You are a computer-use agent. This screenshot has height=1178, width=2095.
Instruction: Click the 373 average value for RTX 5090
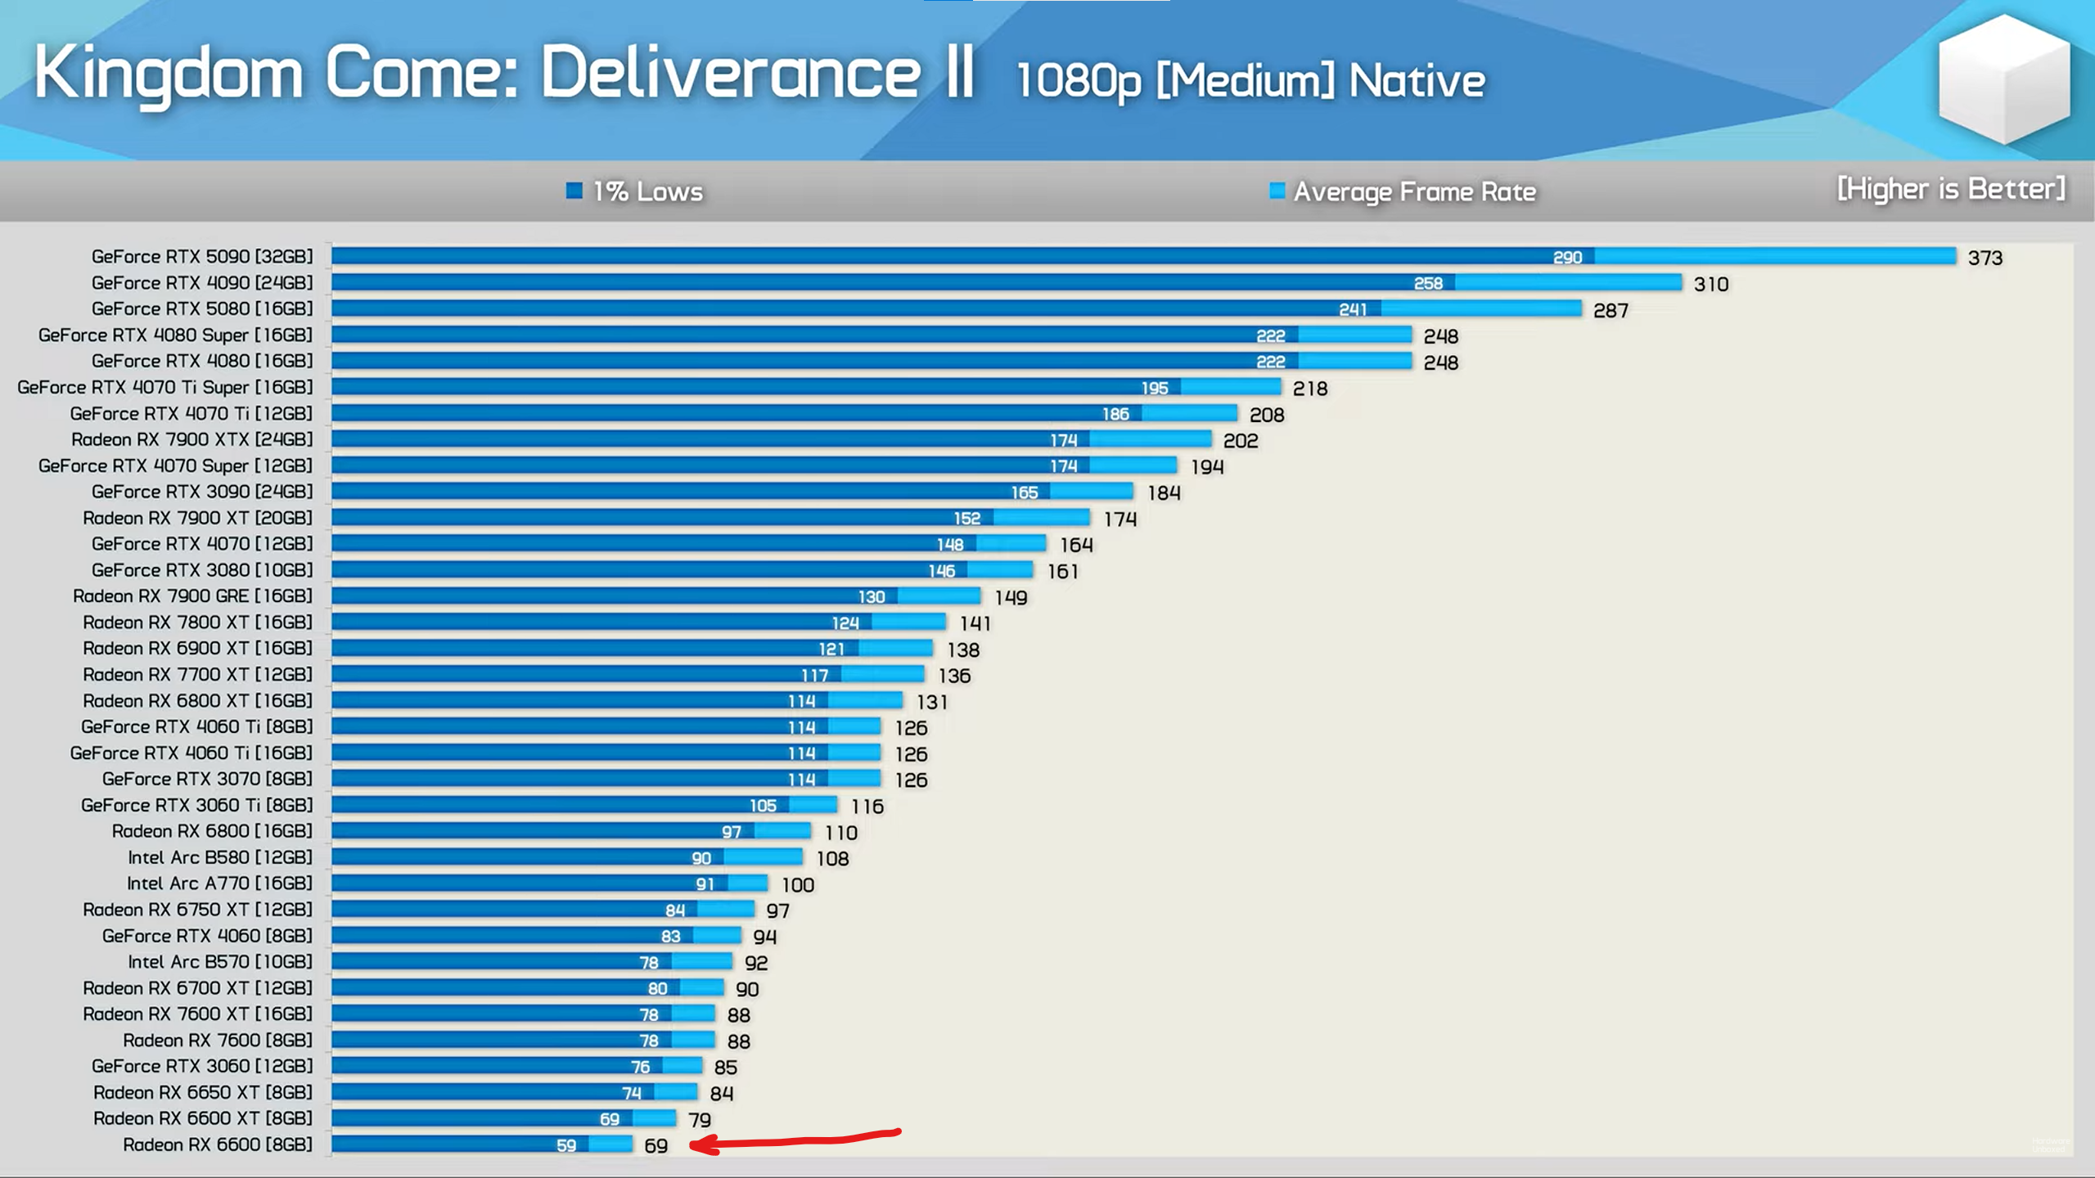pos(1985,259)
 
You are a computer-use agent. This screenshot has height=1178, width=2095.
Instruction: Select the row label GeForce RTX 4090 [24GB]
pos(202,283)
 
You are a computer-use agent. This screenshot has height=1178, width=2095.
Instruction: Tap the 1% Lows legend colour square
pos(574,191)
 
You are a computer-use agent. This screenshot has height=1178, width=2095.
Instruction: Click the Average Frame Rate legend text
pos(1414,192)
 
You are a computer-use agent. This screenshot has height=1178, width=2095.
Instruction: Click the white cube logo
pos(2004,79)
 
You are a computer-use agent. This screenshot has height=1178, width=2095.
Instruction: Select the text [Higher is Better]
pos(1951,189)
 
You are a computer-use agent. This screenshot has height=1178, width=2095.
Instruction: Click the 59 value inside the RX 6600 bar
pos(566,1145)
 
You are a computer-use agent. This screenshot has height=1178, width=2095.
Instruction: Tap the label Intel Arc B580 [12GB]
pos(220,857)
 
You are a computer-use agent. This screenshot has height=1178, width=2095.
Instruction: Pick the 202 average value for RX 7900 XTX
pos(1241,441)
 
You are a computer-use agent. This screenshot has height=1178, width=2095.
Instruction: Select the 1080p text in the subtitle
pos(1078,82)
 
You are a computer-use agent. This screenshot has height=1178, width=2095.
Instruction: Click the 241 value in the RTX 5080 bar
pos(1353,309)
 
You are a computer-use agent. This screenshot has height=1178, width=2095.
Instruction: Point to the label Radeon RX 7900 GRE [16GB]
pos(192,596)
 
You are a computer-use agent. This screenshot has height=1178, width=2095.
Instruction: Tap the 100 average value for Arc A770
pos(798,885)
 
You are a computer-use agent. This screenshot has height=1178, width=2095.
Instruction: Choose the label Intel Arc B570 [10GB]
pos(220,962)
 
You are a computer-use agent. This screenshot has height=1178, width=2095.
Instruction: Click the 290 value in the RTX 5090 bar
pos(1567,258)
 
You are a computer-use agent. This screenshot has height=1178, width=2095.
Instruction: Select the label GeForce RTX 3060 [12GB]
pos(202,1066)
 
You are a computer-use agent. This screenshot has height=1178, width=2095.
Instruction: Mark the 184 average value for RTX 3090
pos(1164,493)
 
